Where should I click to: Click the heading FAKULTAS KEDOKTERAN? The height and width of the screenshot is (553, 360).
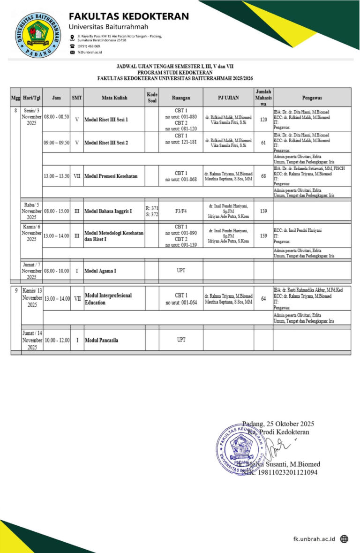[129, 16]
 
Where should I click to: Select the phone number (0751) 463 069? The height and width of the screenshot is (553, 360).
[89, 46]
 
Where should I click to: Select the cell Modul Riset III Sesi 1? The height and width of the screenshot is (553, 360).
[106, 120]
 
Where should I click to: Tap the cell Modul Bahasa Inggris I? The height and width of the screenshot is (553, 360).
[108, 211]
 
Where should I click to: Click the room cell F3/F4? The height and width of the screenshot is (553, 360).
[181, 211]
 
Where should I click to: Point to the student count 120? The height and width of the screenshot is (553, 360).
[263, 120]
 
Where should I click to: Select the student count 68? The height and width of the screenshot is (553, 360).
[263, 176]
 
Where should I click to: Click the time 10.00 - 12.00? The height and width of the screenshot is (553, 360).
[57, 340]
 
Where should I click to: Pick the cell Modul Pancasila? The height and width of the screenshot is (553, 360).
[102, 340]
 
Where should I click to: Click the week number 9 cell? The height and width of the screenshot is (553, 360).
[16, 290]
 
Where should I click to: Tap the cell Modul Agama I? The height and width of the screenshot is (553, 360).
[100, 271]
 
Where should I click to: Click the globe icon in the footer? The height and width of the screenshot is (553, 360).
[345, 539]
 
